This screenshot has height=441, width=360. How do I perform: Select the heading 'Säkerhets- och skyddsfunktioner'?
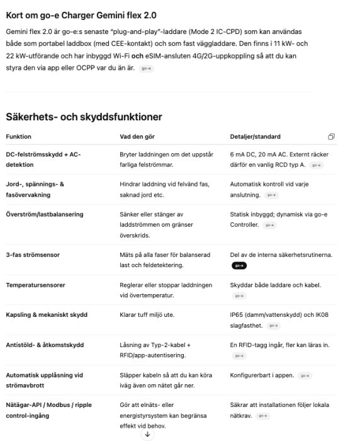pyautogui.click(x=84, y=117)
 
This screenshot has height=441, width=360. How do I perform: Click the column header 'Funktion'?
pyautogui.click(x=18, y=137)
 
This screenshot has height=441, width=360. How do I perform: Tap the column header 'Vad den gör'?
pyautogui.click(x=138, y=137)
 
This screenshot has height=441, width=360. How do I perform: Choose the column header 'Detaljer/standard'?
pyautogui.click(x=256, y=137)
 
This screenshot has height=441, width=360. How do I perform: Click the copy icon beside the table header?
pyautogui.click(x=332, y=137)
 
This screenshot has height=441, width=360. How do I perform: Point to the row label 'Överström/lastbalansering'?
pyautogui.click(x=44, y=215)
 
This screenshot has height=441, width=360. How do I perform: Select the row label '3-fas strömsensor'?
pyautogui.click(x=33, y=255)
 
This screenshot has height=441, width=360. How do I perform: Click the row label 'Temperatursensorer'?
pyautogui.click(x=35, y=285)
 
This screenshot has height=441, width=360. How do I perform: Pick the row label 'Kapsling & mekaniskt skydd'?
pyautogui.click(x=47, y=315)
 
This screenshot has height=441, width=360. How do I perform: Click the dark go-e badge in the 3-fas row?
pyautogui.click(x=239, y=266)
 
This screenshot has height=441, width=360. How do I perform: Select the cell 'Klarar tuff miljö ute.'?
pyautogui.click(x=147, y=315)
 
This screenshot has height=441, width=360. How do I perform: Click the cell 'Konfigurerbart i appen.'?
pyautogui.click(x=262, y=375)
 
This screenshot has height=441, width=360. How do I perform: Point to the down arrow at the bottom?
pyautogui.click(x=147, y=434)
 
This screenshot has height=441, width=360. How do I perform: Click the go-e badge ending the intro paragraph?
pyautogui.click(x=145, y=68)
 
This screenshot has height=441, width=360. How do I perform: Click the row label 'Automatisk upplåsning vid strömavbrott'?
pyautogui.click(x=44, y=380)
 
